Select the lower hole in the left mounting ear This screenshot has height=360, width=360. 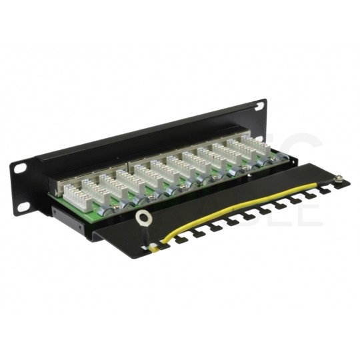point(24,207)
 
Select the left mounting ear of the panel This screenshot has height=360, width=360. point(22,187)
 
